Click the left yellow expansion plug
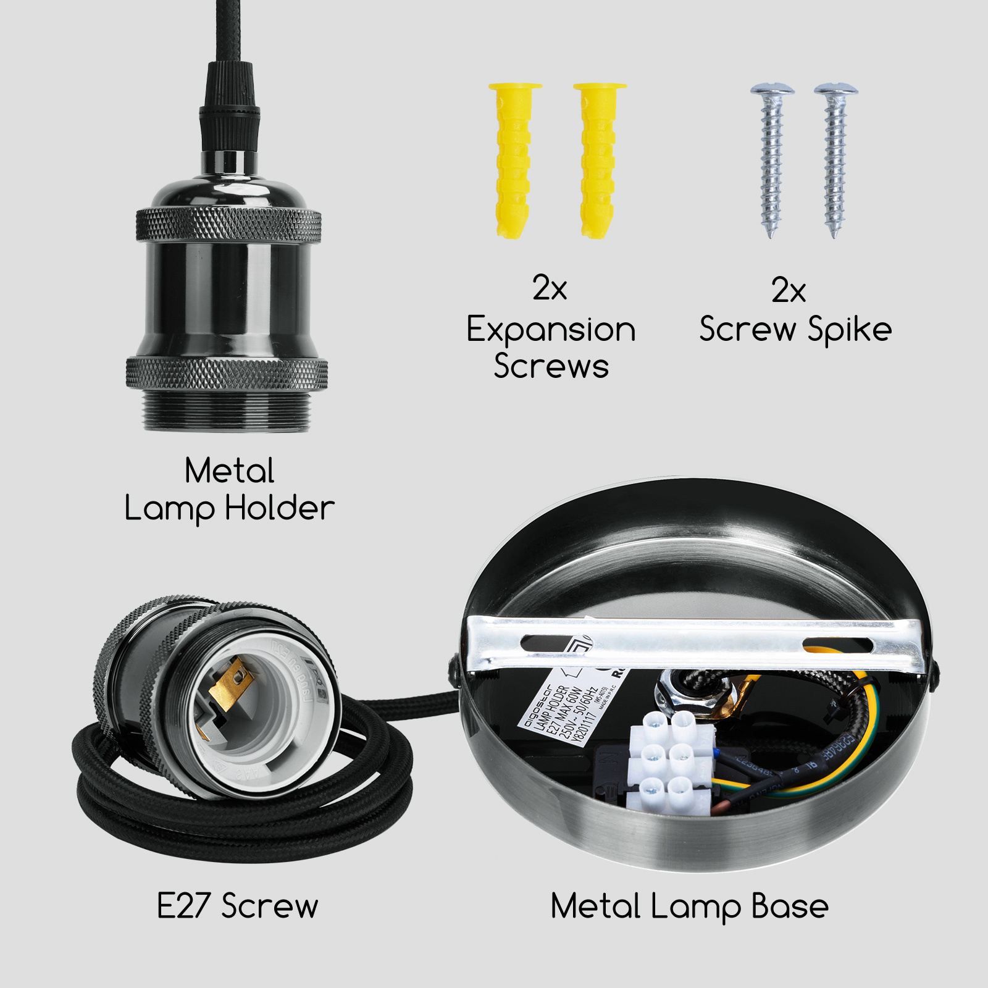pyautogui.click(x=513, y=161)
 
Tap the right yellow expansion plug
pyautogui.click(x=598, y=161)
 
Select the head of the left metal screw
pyautogui.click(x=772, y=90)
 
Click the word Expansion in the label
pyautogui.click(x=551, y=330)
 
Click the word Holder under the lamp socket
pyautogui.click(x=279, y=508)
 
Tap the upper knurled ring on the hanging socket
pyautogui.click(x=228, y=225)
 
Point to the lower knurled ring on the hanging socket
pyautogui.click(x=227, y=373)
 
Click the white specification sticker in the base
pyautogui.click(x=568, y=710)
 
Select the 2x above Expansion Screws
pyautogui.click(x=550, y=288)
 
